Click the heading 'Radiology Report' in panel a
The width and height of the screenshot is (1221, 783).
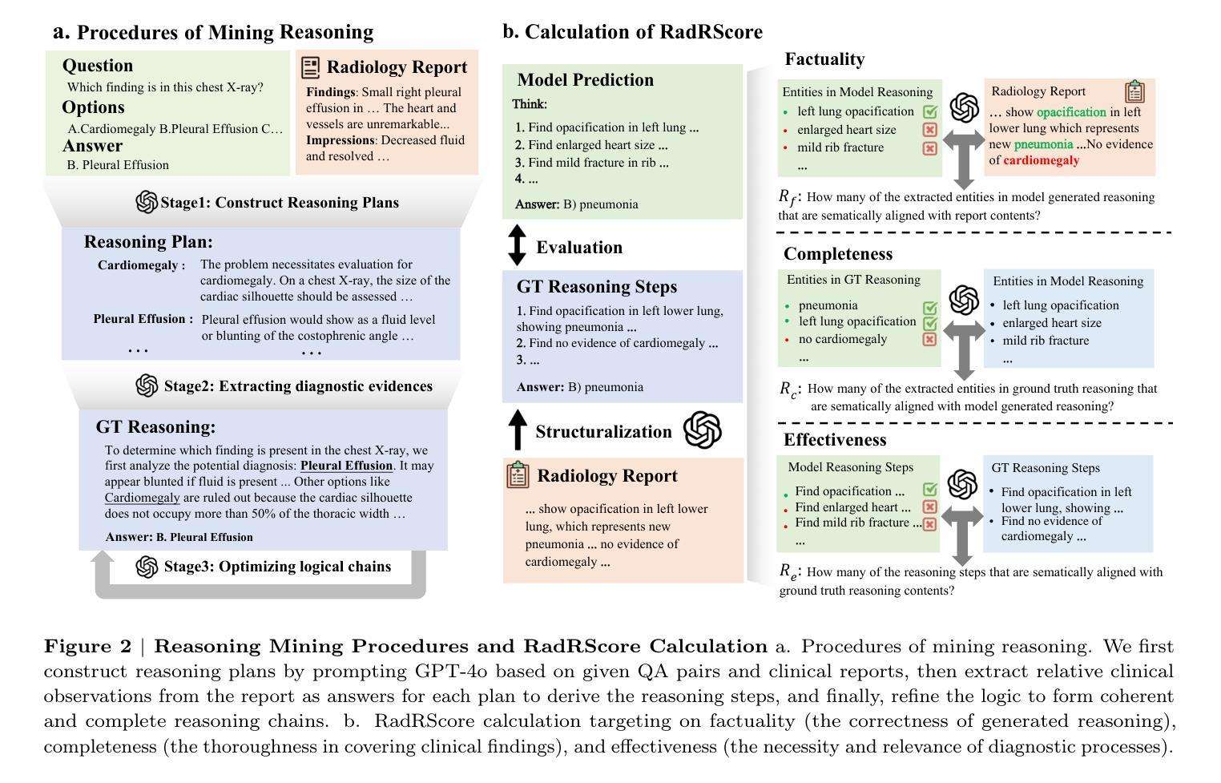397,67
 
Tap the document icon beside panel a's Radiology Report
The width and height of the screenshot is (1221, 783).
311,67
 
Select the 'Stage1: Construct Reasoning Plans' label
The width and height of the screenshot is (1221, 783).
279,203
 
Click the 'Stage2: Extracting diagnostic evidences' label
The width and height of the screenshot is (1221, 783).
297,386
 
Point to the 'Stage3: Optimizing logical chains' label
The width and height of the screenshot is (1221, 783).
277,567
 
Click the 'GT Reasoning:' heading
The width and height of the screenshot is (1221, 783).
155,427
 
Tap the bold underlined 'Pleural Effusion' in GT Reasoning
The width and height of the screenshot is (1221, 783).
346,466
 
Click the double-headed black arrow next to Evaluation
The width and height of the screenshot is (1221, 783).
518,246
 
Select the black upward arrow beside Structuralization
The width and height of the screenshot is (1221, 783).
518,430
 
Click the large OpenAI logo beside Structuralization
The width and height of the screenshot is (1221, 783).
702,430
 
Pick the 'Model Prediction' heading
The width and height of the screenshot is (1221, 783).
585,80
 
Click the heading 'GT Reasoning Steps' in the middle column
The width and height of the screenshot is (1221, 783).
596,287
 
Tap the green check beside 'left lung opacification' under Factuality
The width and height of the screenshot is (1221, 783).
929,112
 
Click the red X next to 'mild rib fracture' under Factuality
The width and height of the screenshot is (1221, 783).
929,148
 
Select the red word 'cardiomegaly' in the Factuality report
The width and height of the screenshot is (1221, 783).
1041,160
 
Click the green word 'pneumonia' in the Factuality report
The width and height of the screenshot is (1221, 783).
1042,144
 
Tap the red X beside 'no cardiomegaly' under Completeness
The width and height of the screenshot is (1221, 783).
929,339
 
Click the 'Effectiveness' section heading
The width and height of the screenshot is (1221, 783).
835,440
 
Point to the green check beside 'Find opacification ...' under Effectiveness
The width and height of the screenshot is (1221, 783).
929,490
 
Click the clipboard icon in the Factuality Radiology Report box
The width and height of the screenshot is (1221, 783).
1134,91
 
